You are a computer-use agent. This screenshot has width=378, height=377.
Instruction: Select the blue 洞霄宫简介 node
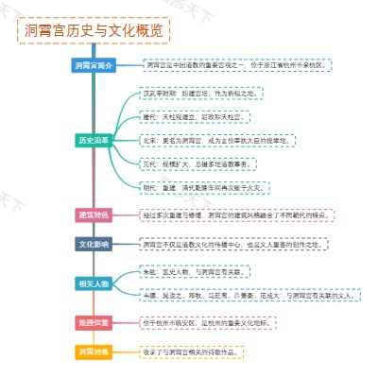pyautogui.click(x=94, y=65)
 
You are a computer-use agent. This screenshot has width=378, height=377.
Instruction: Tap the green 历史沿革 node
pyautogui.click(x=94, y=140)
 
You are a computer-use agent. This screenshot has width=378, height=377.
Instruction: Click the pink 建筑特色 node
pyautogui.click(x=94, y=214)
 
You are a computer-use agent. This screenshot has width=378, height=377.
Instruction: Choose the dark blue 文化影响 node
pyautogui.click(x=94, y=243)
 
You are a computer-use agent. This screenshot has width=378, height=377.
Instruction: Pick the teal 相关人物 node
pyautogui.click(x=94, y=283)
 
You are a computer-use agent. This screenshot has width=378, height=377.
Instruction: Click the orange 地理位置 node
pyautogui.click(x=94, y=322)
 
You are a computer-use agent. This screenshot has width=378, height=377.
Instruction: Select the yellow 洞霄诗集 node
pyautogui.click(x=94, y=351)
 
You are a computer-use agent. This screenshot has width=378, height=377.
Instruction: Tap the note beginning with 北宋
pyautogui.click(x=216, y=140)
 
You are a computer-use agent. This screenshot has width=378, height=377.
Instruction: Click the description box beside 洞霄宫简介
pyautogui.click(x=236, y=65)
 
